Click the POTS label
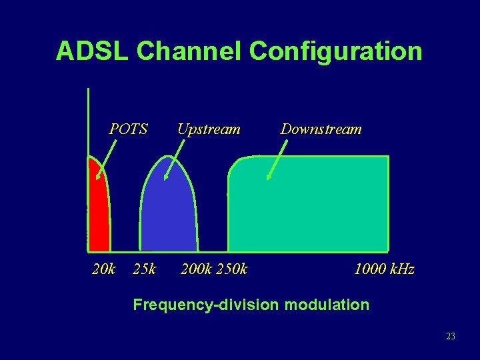(129, 129)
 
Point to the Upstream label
(209, 129)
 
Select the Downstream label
(321, 129)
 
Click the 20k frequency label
(103, 269)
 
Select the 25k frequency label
(145, 269)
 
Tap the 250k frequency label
(233, 269)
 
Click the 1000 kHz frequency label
(384, 269)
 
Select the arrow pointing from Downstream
(277, 159)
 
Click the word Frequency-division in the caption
(207, 305)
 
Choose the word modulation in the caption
(327, 305)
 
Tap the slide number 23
(451, 337)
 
